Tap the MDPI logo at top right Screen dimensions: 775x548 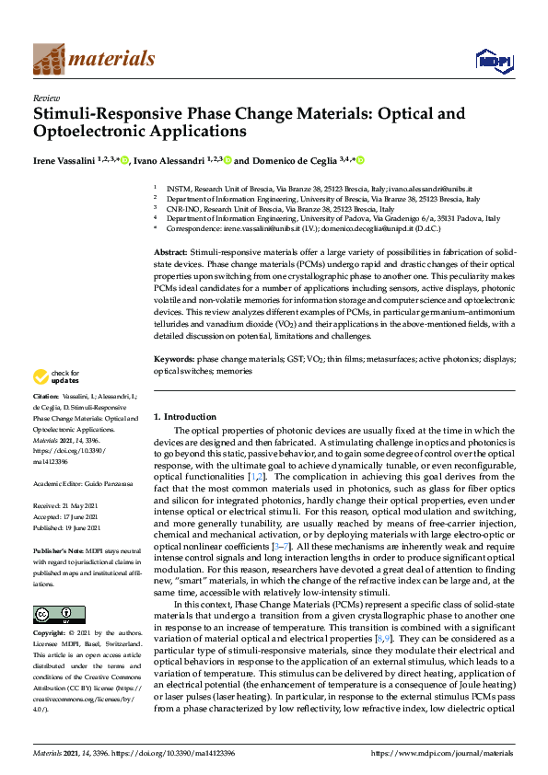[x=494, y=60]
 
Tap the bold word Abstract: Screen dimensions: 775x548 [x=172, y=252]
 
